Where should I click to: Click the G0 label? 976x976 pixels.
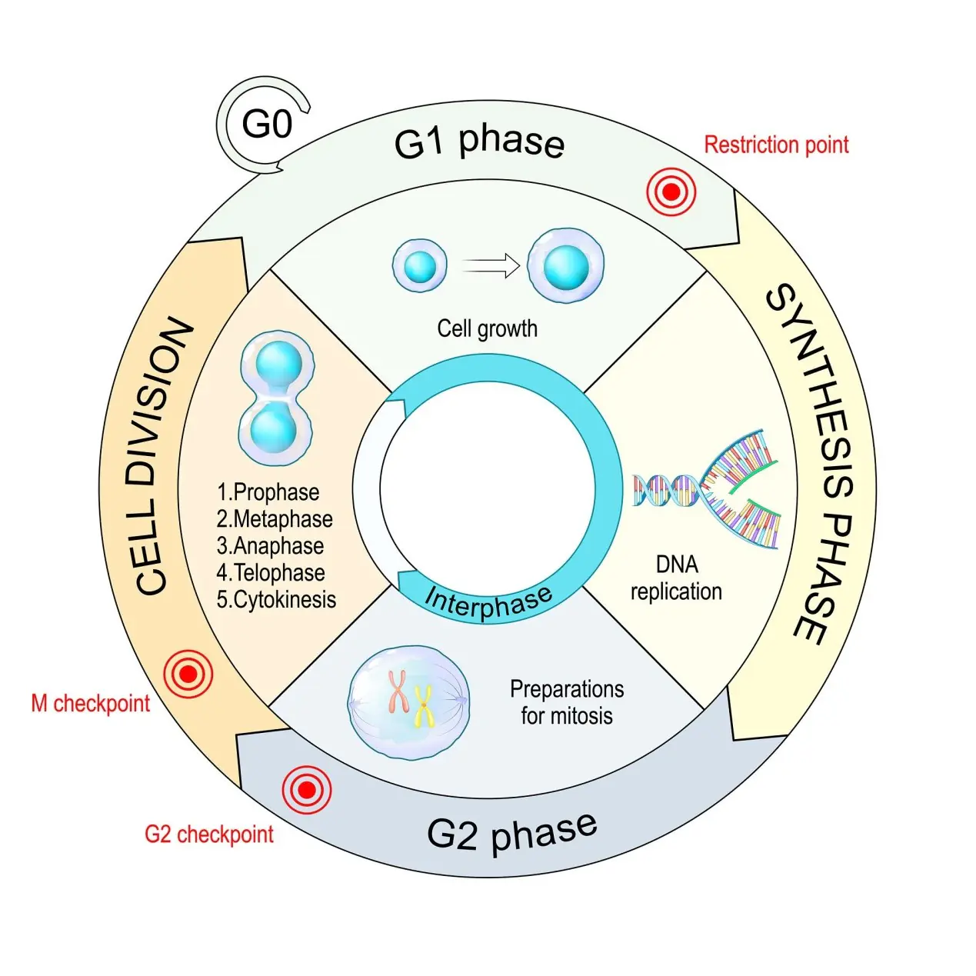pos(267,124)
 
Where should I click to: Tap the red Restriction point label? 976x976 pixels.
pos(777,145)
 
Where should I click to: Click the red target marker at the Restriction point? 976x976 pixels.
pos(671,192)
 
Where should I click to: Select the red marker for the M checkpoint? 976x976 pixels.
pos(188,675)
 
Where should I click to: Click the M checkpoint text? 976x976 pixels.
pos(91,704)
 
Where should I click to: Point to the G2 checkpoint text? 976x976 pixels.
pos(209,834)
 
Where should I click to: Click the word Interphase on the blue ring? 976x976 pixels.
pos(488,603)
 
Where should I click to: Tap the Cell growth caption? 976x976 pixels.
pos(488,328)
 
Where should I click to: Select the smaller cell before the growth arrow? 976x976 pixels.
pos(420,265)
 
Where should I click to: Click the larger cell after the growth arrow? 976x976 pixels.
pos(566,266)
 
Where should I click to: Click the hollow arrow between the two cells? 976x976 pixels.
pos(491,266)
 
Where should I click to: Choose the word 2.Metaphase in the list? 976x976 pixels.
pos(275,519)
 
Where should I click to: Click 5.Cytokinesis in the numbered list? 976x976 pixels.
pos(277,600)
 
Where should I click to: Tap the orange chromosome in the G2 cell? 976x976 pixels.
pos(398,692)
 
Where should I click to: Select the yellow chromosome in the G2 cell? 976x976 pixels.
pos(423,705)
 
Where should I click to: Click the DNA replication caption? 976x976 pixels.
pos(676,578)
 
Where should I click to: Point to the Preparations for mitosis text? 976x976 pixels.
pos(567,702)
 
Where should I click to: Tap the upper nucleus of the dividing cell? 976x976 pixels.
pos(278,364)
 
